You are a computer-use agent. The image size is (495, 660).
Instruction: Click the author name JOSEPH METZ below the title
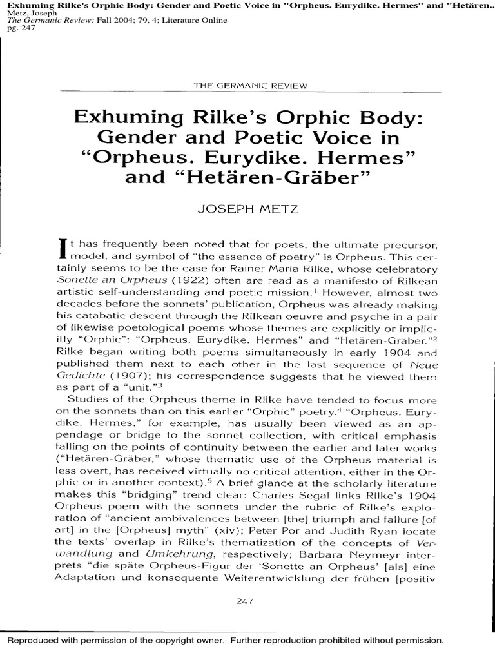247,209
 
